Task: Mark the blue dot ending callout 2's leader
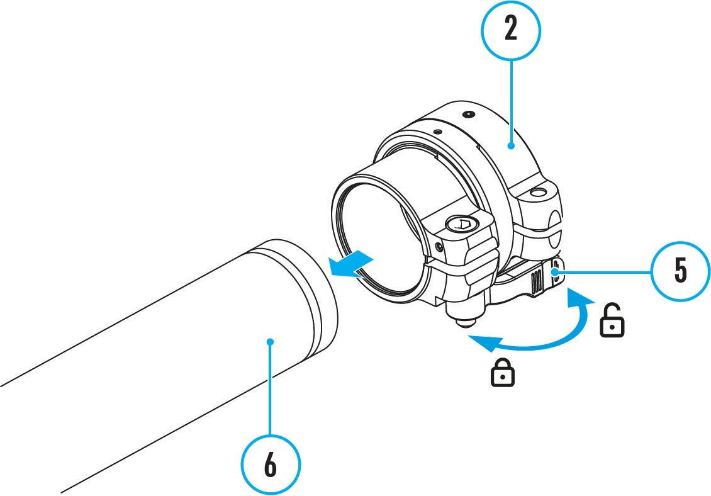[511, 145]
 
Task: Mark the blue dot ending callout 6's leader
[271, 342]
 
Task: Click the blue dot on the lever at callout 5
[556, 271]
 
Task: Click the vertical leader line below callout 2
[511, 101]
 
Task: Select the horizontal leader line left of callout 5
[604, 271]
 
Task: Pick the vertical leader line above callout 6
[271, 390]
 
